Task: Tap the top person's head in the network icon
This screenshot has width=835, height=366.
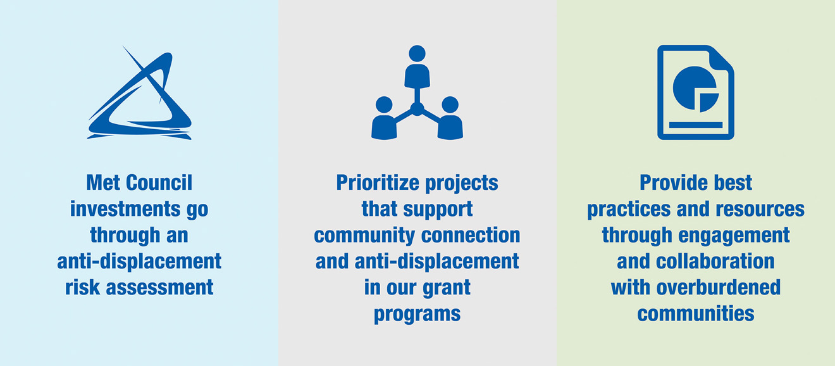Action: click(x=417, y=54)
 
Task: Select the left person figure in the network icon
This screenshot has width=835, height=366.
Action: click(x=383, y=118)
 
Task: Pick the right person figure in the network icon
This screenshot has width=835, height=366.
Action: click(x=450, y=118)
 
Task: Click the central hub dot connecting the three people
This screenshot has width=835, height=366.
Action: click(x=417, y=110)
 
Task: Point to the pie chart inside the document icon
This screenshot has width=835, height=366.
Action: click(x=696, y=89)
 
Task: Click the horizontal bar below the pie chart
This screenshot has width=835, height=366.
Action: click(x=696, y=125)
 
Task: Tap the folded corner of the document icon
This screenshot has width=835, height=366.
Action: click(x=721, y=58)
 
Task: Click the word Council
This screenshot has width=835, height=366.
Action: click(x=159, y=183)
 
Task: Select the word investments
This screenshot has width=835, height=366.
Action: click(x=125, y=209)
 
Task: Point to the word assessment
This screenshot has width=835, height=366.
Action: click(x=159, y=287)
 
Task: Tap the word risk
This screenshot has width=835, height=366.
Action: click(x=82, y=287)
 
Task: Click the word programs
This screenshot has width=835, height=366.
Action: click(x=417, y=315)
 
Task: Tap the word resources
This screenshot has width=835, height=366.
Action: click(x=760, y=210)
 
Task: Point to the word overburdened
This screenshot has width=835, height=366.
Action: click(x=719, y=287)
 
